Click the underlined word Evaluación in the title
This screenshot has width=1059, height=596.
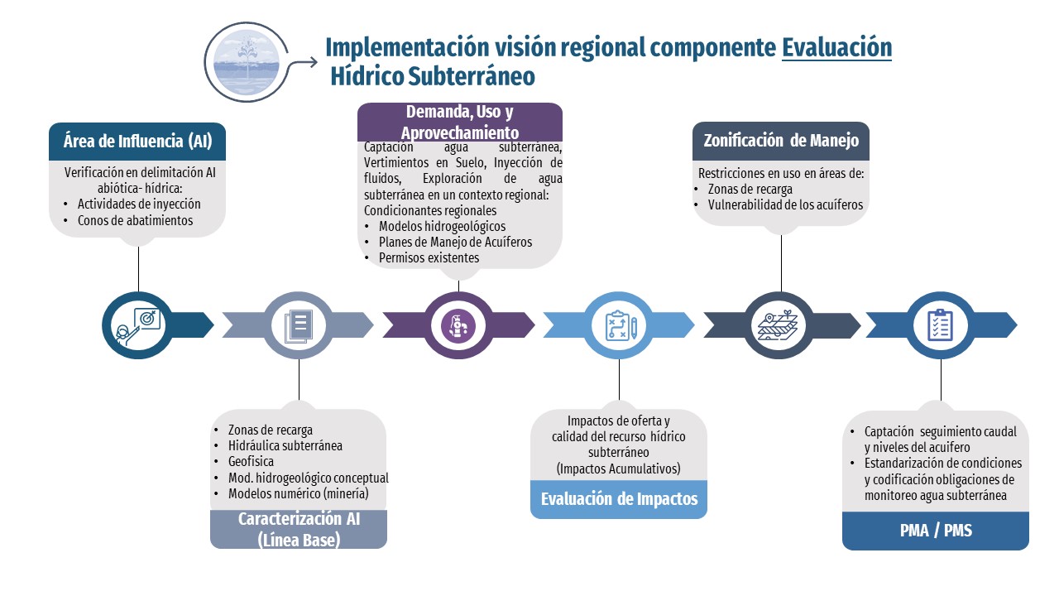coord(836,46)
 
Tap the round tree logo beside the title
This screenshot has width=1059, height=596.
coord(247,62)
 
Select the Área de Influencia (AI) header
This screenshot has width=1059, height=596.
coord(137,141)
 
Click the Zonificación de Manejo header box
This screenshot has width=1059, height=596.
coord(781,141)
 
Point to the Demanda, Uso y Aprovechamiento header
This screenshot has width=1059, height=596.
coord(459,122)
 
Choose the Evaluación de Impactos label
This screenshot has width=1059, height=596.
coord(619,499)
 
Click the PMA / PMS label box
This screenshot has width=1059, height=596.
coord(935,531)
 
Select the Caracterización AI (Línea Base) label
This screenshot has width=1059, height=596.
coord(299,529)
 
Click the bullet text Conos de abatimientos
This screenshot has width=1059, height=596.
coord(135,220)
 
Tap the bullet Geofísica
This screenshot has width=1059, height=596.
coord(251,461)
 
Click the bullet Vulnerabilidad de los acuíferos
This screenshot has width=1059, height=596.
coord(785,204)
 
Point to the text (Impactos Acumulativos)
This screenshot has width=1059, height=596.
coord(619,469)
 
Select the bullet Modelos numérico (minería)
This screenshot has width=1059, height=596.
coord(298,493)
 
